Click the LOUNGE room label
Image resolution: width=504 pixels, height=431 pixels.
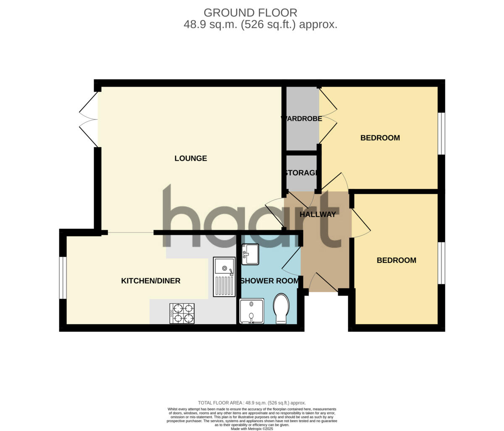[x=191, y=159]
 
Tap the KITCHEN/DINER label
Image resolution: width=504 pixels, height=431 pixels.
[x=150, y=281]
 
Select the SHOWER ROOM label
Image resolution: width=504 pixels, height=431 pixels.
[x=270, y=281]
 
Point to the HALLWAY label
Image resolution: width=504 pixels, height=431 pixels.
[x=318, y=214]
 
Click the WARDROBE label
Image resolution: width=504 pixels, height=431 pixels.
[x=302, y=119]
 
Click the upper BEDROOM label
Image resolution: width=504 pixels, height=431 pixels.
[x=380, y=138]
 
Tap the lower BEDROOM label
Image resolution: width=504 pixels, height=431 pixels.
[x=396, y=260]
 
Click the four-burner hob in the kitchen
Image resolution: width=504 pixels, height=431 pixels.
[x=182, y=313]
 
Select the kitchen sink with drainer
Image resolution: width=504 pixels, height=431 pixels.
[x=224, y=277]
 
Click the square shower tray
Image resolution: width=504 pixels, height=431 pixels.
[x=252, y=311]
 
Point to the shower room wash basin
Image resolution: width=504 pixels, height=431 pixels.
[x=250, y=255]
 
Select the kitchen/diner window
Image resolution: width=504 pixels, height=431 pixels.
[x=63, y=278]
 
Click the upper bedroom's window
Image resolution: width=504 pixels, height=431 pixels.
[x=441, y=133]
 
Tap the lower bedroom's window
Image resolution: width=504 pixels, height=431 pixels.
[x=441, y=263]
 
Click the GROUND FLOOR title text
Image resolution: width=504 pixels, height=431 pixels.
[x=250, y=13]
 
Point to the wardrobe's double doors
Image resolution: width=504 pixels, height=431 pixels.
[x=328, y=119]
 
